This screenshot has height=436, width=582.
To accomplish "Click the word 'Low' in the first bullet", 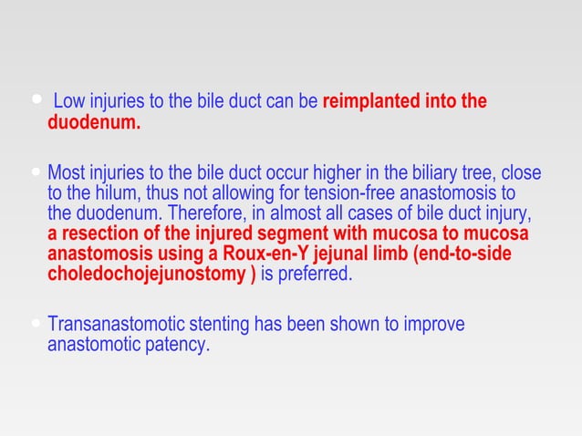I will coord(70,101).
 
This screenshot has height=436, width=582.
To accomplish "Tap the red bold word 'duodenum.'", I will coord(93,123).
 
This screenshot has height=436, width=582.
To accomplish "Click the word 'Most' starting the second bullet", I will coord(66,173).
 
